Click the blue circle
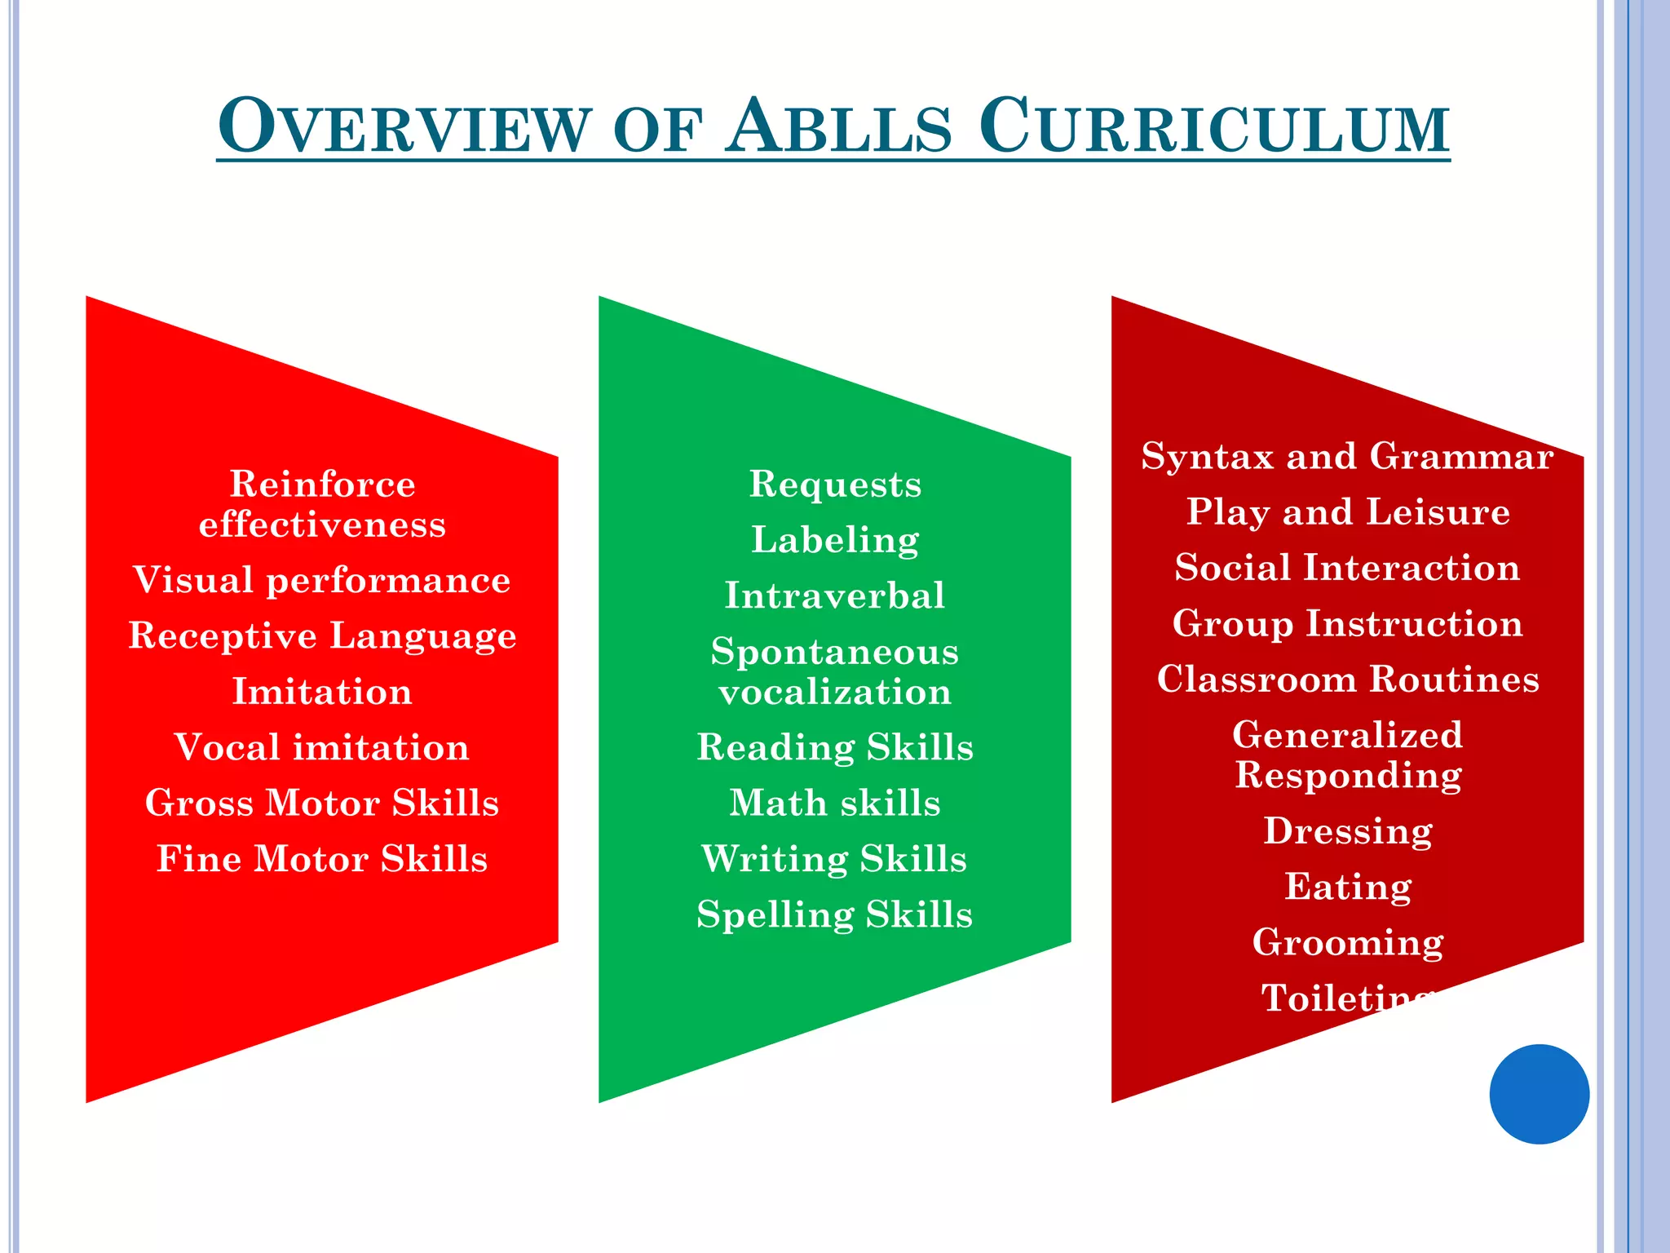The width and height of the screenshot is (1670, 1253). pyautogui.click(x=1539, y=1094)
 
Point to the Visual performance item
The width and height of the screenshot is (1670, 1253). pyautogui.click(x=322, y=580)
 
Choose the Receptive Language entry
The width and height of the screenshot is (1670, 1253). pyautogui.click(x=322, y=636)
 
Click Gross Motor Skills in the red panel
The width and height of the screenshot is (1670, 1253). pyautogui.click(x=322, y=803)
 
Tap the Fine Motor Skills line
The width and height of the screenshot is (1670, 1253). pyautogui.click(x=322, y=859)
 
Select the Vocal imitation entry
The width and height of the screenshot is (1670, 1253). pyautogui.click(x=322, y=747)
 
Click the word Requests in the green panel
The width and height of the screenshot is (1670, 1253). pyautogui.click(x=835, y=484)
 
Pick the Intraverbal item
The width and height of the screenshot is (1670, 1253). pyautogui.click(x=835, y=596)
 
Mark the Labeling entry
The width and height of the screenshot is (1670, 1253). pyautogui.click(x=835, y=540)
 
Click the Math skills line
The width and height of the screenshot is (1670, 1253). pyautogui.click(x=835, y=803)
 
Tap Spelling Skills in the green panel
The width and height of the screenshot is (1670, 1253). pyautogui.click(x=835, y=914)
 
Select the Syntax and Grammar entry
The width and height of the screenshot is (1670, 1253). pyautogui.click(x=1347, y=456)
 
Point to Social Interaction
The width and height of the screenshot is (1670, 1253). pyautogui.click(x=1347, y=568)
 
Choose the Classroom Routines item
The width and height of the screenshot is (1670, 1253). pyautogui.click(x=1347, y=679)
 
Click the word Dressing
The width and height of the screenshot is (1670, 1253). pyautogui.click(x=1347, y=831)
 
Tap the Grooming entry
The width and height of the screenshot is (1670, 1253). pyautogui.click(x=1347, y=942)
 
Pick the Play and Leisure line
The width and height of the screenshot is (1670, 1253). pyautogui.click(x=1347, y=512)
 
